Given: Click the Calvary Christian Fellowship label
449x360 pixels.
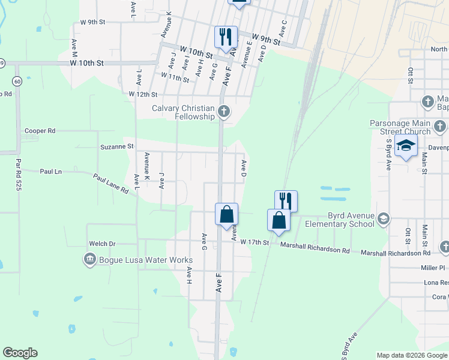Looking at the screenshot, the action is pyautogui.click(x=183, y=112).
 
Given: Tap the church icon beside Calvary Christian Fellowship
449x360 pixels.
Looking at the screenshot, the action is pyautogui.click(x=224, y=111).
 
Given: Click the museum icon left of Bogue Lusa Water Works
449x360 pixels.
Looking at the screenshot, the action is pyautogui.click(x=90, y=259).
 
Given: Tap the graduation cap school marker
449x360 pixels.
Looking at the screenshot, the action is pyautogui.click(x=406, y=146).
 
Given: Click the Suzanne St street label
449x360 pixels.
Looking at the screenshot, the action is pyautogui.click(x=116, y=146).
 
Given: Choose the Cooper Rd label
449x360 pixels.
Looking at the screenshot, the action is pyautogui.click(x=40, y=130).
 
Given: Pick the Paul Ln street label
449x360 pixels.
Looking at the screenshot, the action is pyautogui.click(x=50, y=171).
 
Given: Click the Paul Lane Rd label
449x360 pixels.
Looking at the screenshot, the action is pyautogui.click(x=110, y=184).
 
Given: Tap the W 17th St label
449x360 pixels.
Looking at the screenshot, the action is pyautogui.click(x=256, y=242).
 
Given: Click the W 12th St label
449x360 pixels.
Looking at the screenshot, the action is pyautogui.click(x=143, y=94).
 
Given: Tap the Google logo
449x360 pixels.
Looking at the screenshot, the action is pyautogui.click(x=20, y=353).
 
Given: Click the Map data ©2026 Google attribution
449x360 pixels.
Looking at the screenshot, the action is pyautogui.click(x=411, y=355).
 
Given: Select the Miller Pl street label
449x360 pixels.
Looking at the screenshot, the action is pyautogui.click(x=433, y=268).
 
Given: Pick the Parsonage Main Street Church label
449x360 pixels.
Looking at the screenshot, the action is pyautogui.click(x=400, y=128).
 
